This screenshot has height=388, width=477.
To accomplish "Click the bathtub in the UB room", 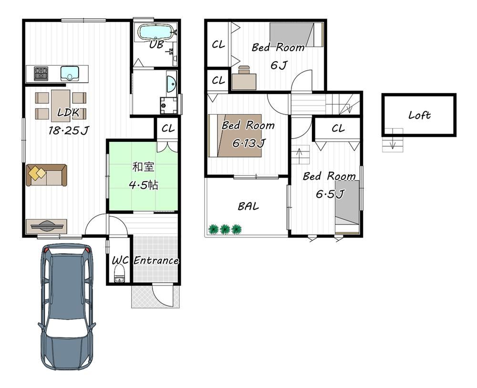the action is (x=156, y=32).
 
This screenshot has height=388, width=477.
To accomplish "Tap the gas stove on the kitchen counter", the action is (x=41, y=74).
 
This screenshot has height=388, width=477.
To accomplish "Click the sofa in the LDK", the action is (x=46, y=175).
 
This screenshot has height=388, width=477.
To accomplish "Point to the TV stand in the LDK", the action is (x=46, y=226).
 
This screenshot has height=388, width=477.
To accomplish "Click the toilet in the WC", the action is (x=119, y=274).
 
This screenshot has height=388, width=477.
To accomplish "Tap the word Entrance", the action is (x=156, y=260).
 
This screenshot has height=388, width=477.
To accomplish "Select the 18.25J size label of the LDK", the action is (x=68, y=131).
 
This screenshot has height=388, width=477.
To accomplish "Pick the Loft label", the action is (x=419, y=115).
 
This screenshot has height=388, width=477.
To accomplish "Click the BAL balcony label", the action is (x=248, y=206).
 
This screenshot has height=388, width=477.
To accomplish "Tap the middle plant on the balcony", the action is (x=225, y=229).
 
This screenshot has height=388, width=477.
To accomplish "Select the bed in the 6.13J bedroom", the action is (x=235, y=136).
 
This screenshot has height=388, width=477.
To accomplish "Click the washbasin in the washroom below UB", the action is (x=171, y=82).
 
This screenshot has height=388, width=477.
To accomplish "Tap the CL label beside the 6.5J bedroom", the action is (x=338, y=129).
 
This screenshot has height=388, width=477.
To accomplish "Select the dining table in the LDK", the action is (x=61, y=106).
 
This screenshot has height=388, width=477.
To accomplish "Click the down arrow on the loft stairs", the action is (x=393, y=143).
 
